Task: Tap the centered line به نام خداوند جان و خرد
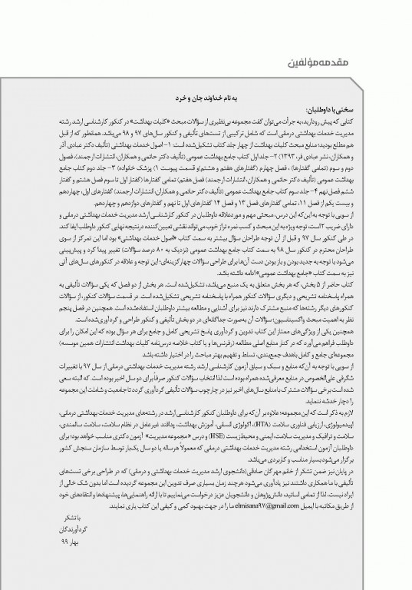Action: [206, 89]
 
